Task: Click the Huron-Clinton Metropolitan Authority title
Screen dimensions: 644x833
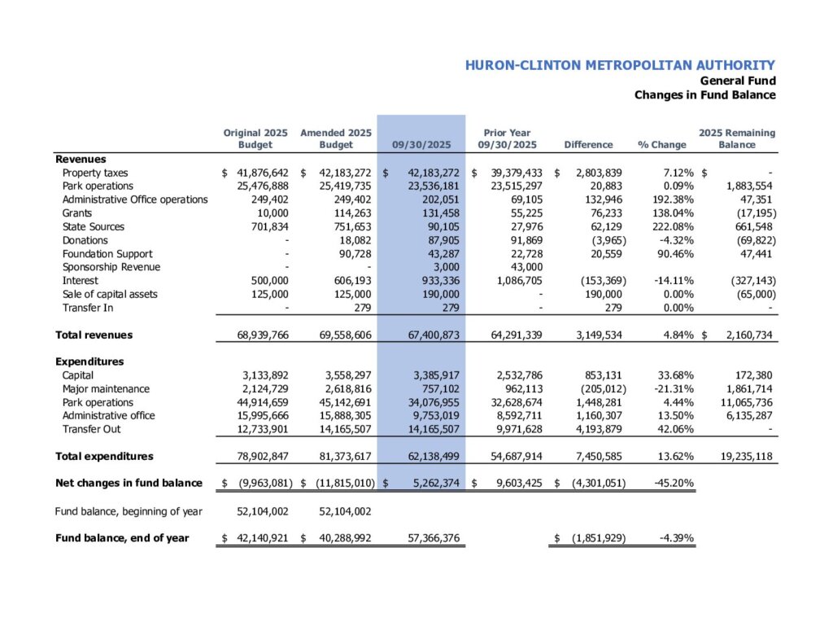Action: [620, 66]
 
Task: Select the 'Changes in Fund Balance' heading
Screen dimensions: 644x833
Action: [704, 95]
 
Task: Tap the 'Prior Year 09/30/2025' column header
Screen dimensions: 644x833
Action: [507, 138]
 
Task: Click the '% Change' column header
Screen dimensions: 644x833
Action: [661, 145]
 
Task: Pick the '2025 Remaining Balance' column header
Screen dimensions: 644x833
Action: [737, 138]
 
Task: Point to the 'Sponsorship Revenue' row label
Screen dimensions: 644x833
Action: [111, 267]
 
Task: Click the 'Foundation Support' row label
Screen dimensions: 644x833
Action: [107, 254]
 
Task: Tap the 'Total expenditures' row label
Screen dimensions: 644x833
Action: [104, 456]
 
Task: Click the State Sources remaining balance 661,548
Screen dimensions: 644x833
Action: [753, 227]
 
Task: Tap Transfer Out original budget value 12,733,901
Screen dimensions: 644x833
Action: [255, 429]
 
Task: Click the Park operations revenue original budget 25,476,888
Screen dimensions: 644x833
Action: [255, 186]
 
